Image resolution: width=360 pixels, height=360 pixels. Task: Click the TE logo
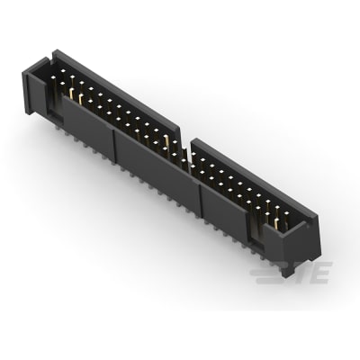(x=307, y=271)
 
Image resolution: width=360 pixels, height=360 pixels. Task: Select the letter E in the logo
(x=321, y=271)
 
